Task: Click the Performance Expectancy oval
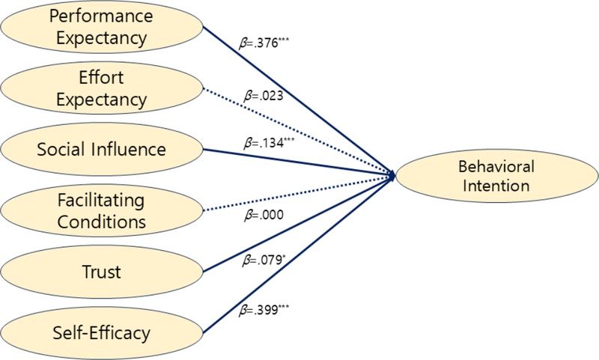point(102,26)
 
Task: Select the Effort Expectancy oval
point(102,88)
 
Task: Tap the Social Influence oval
point(102,149)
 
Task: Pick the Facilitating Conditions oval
point(102,211)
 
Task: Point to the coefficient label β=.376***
point(264,43)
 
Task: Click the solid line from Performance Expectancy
point(299,101)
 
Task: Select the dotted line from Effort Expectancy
point(299,132)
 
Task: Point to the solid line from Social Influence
point(299,162)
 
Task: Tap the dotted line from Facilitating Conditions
point(299,192)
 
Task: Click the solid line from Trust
point(299,222)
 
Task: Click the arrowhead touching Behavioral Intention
point(392,174)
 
